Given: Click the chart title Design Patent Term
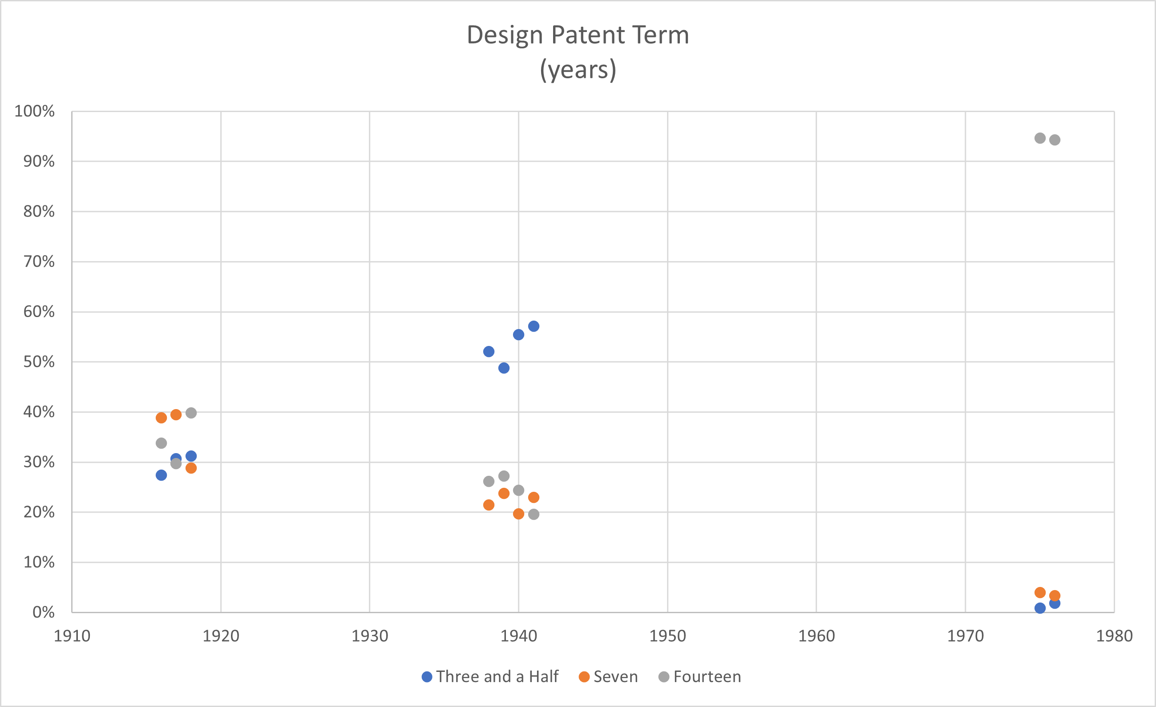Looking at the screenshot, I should point(578,35).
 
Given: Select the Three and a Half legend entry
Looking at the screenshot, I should point(490,676).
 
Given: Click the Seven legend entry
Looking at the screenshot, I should point(609,676).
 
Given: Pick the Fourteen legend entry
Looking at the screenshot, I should point(700,676).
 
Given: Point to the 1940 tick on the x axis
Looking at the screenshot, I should point(518,636).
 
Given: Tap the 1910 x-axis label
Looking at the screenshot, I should point(72,636).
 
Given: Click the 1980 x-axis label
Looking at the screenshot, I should point(1114,636).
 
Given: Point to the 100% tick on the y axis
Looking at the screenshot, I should point(35,111).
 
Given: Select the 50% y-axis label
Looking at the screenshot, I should point(39,362).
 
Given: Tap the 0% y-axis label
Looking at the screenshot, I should point(43,612).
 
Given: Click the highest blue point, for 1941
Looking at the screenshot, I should point(534,326).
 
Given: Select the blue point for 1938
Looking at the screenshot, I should point(489,352).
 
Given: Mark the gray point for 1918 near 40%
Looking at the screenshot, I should point(191,413).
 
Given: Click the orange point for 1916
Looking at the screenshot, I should point(162,418).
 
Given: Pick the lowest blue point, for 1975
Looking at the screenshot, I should point(1040,608).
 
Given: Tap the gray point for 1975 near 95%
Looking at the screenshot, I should point(1040,138).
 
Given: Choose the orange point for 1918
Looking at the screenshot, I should point(191,468).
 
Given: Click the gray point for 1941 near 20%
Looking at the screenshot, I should point(534,514).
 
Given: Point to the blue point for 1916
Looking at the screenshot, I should point(162,475).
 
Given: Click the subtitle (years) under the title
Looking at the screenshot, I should point(578,70).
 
